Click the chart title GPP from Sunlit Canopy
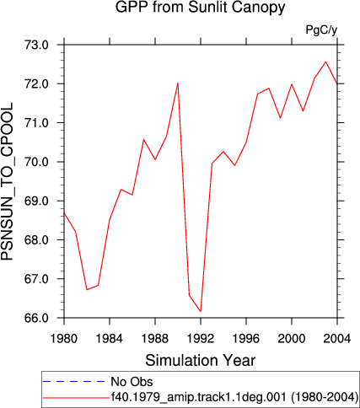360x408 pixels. point(200,7)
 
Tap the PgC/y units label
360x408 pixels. point(321,30)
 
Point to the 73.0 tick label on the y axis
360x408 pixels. point(37,45)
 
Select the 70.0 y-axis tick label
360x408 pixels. point(37,162)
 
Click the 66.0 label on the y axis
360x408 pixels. point(37,318)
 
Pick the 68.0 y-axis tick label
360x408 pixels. point(37,240)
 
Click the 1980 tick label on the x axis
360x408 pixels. point(64,339)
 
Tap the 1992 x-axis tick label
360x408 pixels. point(201,339)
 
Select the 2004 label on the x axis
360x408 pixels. point(337,339)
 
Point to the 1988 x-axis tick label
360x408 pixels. point(155,339)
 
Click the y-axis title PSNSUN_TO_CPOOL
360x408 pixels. point(7,181)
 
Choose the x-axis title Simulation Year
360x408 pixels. point(201,361)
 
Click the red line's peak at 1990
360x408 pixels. point(178,83)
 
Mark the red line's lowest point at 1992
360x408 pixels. point(201,311)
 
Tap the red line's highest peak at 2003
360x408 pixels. point(325,62)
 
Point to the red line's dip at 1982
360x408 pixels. point(87,289)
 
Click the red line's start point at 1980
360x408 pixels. point(64,212)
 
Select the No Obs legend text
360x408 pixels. point(132,382)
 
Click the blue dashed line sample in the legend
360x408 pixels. point(73,382)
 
